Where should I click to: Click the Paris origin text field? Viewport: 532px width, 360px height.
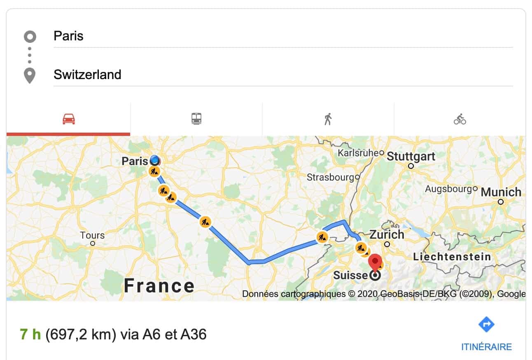tap(283, 36)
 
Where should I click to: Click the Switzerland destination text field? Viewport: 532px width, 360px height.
tap(283, 75)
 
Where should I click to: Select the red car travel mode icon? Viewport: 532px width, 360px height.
tap(68, 119)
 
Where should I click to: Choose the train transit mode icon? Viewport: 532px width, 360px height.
tap(196, 119)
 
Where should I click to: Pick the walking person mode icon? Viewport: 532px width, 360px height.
tap(328, 119)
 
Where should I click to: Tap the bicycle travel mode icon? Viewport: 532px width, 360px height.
tap(460, 119)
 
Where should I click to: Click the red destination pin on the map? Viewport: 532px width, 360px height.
tap(375, 262)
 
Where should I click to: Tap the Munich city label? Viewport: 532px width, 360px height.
tap(501, 192)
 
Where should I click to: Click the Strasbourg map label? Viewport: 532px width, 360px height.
tap(330, 178)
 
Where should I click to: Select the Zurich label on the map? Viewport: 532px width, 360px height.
tap(387, 235)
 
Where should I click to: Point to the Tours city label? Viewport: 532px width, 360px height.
tap(92, 236)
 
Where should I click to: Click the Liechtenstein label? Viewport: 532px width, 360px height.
tap(452, 257)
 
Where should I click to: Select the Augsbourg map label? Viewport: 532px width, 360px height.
tap(448, 189)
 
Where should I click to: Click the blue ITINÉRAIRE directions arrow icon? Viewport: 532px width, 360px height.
tap(486, 325)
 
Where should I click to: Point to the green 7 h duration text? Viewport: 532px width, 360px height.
tap(30, 334)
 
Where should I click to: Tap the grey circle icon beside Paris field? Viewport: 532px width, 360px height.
tap(30, 37)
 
